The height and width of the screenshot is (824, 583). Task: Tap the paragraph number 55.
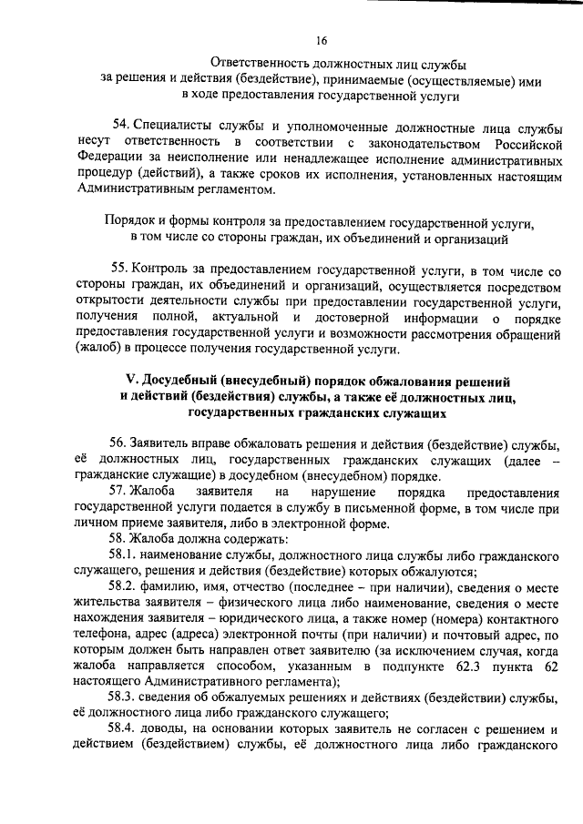coord(120,270)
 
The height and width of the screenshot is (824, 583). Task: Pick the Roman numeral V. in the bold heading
coord(130,381)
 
